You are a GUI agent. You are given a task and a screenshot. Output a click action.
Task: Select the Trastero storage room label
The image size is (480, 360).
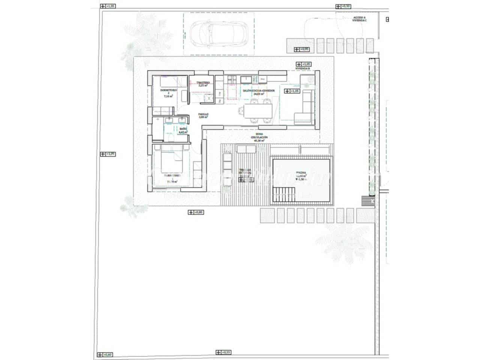click(x=202, y=84)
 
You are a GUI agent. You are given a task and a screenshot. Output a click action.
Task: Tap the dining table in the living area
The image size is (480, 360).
click(x=258, y=110)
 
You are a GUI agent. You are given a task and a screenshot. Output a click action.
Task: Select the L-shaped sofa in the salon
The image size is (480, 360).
click(x=304, y=109)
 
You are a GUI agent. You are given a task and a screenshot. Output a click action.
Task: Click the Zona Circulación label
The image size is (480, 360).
click(x=259, y=137)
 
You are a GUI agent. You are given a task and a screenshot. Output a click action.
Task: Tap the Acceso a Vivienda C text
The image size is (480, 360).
click(x=360, y=19)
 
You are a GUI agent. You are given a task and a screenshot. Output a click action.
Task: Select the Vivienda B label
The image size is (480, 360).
click(x=302, y=69)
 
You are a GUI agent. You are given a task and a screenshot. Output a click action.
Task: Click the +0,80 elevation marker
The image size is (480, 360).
click(x=196, y=213)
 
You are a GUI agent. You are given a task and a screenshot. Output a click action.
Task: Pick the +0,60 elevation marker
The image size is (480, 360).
click(x=105, y=354)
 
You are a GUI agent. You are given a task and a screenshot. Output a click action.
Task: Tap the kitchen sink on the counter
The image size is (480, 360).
click(x=246, y=79)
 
